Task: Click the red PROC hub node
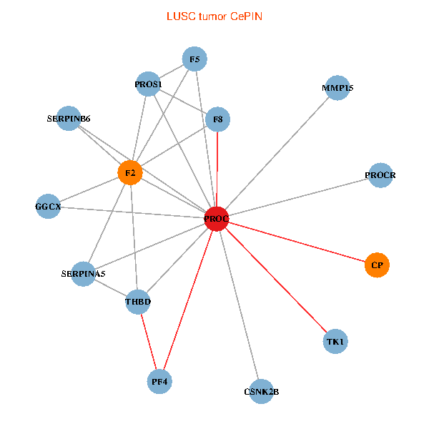[x=216, y=219]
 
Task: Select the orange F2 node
[x=130, y=173]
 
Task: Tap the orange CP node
[x=377, y=265]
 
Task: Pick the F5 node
[x=194, y=59]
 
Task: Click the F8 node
[x=218, y=119]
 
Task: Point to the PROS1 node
[x=149, y=85]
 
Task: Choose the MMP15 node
[x=337, y=88]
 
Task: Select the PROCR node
[x=380, y=175]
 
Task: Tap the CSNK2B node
[x=262, y=392]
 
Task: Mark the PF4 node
[x=160, y=382]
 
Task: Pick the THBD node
[x=138, y=302]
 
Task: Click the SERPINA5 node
[x=84, y=274]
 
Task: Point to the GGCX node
[x=48, y=207]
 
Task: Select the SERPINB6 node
[x=69, y=118]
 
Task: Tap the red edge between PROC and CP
[x=297, y=242]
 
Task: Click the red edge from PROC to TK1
[x=276, y=280]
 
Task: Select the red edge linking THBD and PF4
[x=149, y=341]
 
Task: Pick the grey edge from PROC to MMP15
[x=276, y=154]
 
